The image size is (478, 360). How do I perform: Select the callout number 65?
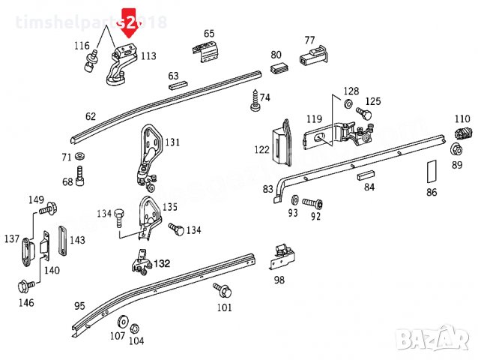pos(209,33)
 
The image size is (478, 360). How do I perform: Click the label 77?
pos(309,40)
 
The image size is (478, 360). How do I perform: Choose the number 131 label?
pos(173,142)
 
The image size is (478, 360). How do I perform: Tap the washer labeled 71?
pos(80,157)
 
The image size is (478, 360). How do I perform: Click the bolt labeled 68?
pos(81,179)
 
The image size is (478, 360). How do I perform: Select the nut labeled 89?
pos(456,149)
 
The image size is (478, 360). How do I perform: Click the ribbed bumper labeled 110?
pos(462,133)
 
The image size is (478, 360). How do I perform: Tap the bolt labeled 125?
pos(363,113)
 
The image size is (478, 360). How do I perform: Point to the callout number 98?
pos(279,280)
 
